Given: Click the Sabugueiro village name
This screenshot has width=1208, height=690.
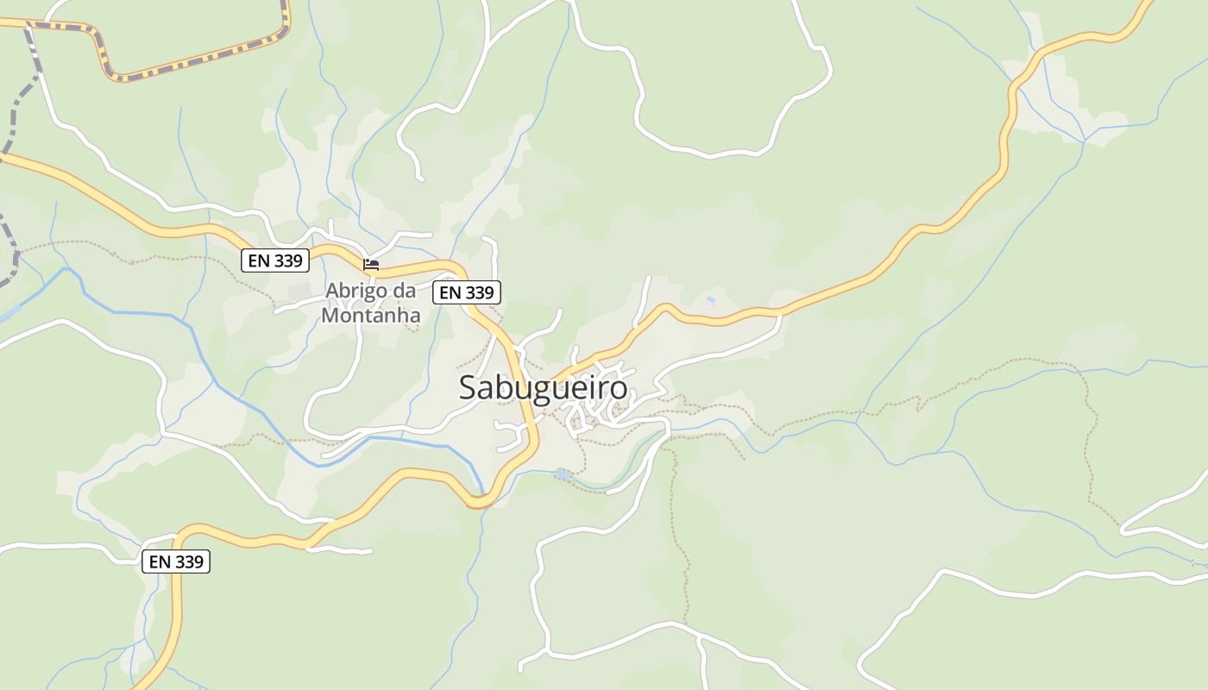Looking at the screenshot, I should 543,387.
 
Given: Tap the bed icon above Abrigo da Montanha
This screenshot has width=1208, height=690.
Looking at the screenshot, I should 371,264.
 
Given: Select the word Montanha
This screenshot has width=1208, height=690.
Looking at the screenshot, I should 371,315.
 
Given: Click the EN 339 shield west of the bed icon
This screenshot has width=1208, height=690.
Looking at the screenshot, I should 274,260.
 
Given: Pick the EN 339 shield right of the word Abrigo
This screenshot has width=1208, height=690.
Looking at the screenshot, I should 466,292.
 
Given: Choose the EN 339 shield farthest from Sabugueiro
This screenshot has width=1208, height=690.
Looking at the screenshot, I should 176,561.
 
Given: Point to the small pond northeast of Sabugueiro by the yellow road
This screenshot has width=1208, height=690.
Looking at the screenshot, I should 710,300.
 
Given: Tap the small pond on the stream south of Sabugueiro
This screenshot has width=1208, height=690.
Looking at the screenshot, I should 563,474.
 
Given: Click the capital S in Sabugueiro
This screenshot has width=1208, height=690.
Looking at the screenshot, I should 469,387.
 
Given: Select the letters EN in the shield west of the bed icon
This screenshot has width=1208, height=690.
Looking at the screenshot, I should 258,260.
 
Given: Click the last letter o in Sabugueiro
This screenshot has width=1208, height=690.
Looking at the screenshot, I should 617,388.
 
